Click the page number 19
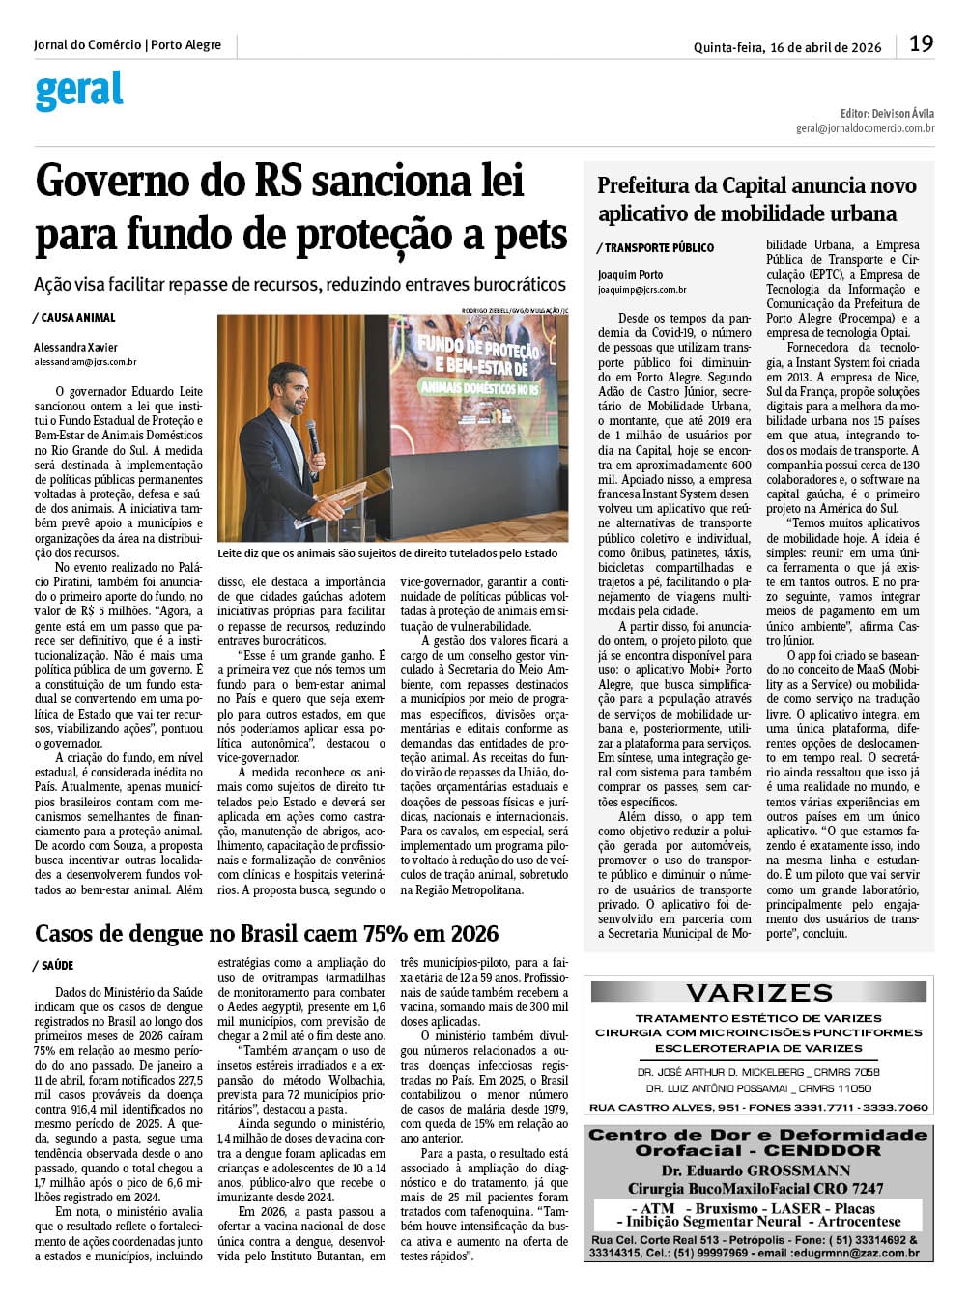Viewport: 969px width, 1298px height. (921, 44)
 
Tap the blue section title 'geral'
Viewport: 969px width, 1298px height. (79, 91)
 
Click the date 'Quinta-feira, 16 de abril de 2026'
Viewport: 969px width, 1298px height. (786, 47)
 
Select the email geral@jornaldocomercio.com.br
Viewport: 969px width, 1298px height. (865, 127)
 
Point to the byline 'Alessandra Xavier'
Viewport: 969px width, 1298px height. (75, 348)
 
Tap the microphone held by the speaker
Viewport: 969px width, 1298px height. (312, 435)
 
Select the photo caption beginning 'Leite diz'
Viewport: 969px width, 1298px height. (387, 553)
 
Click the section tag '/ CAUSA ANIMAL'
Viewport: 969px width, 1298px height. (74, 318)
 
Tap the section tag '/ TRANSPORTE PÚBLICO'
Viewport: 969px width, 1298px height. (656, 248)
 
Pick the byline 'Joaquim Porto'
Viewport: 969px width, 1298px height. (630, 275)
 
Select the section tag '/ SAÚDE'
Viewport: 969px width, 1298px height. (54, 966)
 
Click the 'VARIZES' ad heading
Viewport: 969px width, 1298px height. (758, 993)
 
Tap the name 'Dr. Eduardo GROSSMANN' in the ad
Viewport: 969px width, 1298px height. (756, 1171)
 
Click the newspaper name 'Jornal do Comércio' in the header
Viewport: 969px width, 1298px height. (87, 45)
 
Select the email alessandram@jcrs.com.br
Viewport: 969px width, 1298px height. (85, 362)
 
